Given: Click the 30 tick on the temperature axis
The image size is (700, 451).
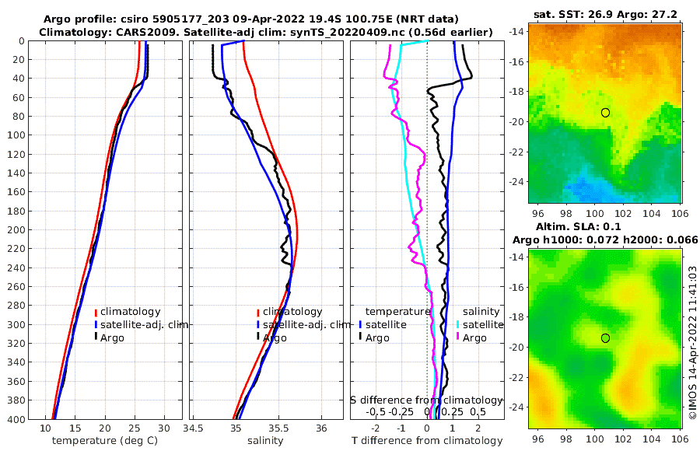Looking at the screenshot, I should pyautogui.click(x=163, y=428).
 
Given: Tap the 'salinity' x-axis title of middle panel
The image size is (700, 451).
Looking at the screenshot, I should pyautogui.click(x=264, y=441).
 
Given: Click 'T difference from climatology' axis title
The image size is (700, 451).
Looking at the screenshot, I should pyautogui.click(x=428, y=441).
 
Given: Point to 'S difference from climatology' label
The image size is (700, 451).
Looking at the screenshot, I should pyautogui.click(x=427, y=400).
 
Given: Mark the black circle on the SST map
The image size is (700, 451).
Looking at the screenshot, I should pyautogui.click(x=605, y=113).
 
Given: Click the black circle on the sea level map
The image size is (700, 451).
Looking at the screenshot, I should pyautogui.click(x=605, y=337).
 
